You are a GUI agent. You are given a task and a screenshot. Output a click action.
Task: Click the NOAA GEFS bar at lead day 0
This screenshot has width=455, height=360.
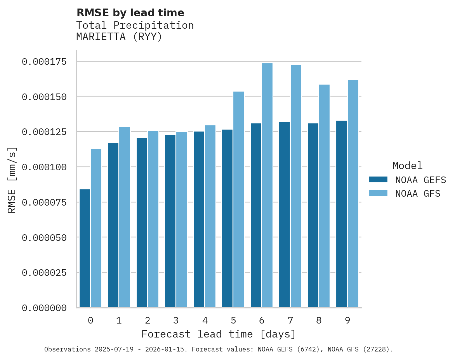85,248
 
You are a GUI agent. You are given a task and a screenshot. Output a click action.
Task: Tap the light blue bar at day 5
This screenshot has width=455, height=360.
239,199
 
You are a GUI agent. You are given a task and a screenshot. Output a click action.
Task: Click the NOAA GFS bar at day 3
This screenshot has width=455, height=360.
182,220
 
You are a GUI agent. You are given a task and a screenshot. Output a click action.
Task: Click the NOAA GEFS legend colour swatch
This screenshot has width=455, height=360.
378,179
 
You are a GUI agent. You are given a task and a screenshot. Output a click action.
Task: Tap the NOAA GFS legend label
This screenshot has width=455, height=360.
418,193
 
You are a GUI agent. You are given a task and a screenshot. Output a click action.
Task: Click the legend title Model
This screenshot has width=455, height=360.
407,166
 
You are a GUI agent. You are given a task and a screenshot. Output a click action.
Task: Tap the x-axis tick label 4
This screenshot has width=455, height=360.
205,320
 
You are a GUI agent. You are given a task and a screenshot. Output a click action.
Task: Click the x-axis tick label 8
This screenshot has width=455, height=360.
319,320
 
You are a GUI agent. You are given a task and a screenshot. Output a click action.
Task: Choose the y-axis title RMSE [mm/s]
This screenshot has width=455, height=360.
12,180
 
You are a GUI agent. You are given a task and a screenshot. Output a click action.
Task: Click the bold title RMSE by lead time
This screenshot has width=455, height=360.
130,13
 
